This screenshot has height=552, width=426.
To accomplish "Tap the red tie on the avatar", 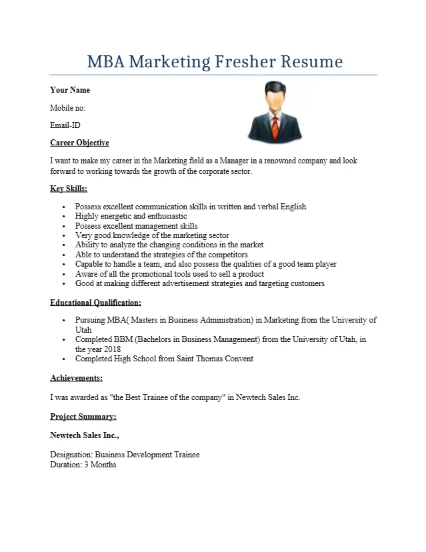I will point(275,125).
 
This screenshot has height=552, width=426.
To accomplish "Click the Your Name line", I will point(70,90).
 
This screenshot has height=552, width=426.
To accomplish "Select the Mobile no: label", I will point(67,107).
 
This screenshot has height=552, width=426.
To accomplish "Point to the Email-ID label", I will point(65,125).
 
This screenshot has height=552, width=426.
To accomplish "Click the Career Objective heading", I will point(79,143).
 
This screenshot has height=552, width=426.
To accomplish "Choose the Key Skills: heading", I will point(69,189).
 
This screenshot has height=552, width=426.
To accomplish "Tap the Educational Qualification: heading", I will point(95,303).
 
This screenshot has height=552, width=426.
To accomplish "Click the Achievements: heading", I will point(76,378).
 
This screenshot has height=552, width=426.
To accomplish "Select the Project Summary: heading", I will point(83,417).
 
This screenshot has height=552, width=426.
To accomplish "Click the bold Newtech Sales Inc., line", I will point(85,435).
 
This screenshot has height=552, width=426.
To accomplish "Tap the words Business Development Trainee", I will point(147,455).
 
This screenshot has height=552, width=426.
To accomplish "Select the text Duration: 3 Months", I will point(83,465).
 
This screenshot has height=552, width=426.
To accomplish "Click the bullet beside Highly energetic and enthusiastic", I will point(63,217).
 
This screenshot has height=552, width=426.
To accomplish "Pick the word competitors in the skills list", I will point(227,255).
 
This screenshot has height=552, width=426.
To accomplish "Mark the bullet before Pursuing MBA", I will point(63,321).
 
